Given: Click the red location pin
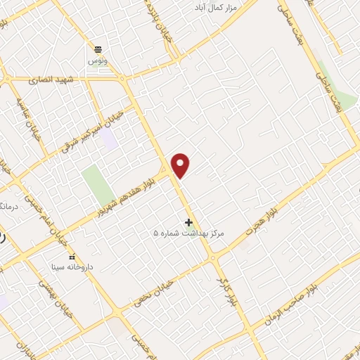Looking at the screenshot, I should click(181, 166).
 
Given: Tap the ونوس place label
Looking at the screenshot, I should click(98, 62).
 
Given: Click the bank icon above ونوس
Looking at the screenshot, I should click(98, 49).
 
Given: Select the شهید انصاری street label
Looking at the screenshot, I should click(46, 81).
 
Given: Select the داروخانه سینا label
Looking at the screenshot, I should click(71, 268).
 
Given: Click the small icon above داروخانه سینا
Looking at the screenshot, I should click(71, 257).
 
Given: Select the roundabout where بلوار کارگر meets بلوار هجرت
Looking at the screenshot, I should click(213, 258).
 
